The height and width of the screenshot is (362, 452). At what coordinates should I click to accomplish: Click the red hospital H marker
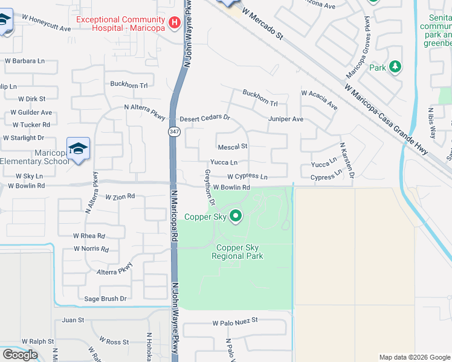(x=175, y=23)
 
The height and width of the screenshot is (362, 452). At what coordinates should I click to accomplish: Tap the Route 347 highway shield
(x=173, y=132)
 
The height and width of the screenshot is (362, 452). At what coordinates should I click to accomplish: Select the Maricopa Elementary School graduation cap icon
(x=78, y=148)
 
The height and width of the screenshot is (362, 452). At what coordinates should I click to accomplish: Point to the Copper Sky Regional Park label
(x=237, y=252)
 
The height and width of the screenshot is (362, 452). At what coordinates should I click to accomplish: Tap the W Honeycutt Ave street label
(x=45, y=29)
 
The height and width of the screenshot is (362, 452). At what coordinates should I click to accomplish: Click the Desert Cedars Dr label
(x=205, y=118)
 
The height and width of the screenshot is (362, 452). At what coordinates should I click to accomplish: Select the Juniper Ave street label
(x=286, y=119)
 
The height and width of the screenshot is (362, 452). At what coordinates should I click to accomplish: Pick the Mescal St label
(x=233, y=147)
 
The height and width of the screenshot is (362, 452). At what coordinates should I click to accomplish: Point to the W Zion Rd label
(x=120, y=197)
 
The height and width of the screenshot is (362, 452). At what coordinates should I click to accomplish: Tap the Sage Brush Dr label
(x=105, y=298)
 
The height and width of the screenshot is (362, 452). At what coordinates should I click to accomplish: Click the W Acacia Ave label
(x=319, y=100)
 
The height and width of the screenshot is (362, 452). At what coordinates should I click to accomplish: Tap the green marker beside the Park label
(x=395, y=66)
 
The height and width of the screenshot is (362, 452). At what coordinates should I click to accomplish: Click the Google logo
(x=20, y=354)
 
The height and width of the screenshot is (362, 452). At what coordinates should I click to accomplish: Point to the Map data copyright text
(x=414, y=357)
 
